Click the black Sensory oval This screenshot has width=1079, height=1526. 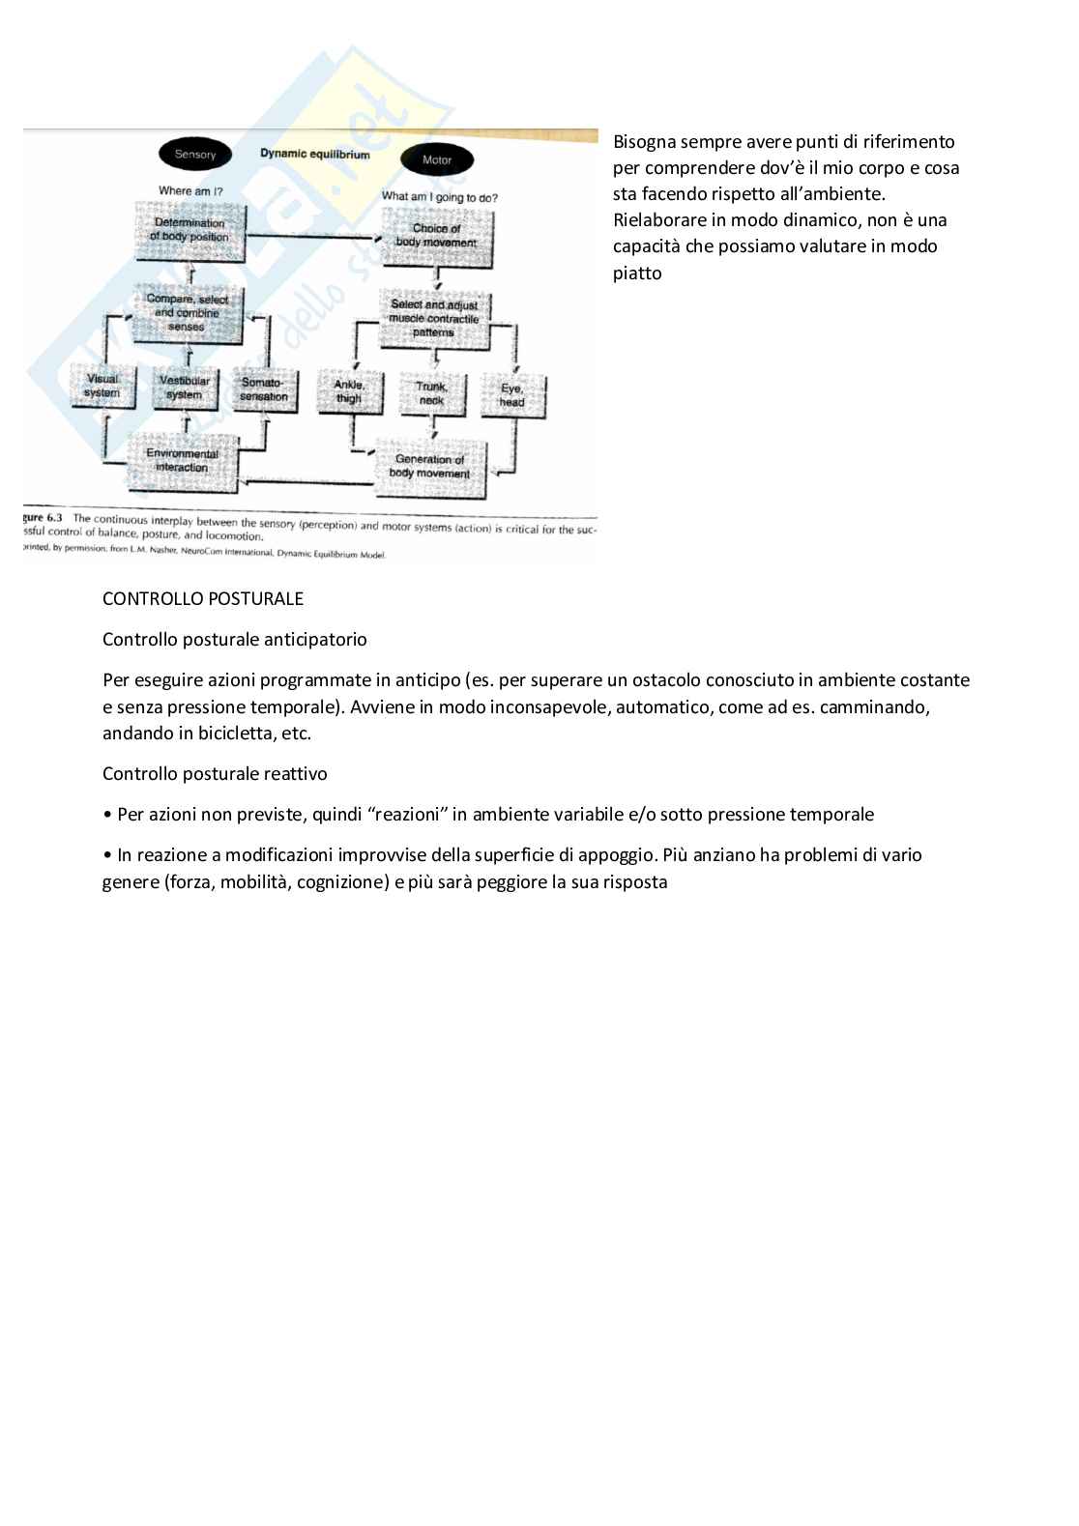pos(194,155)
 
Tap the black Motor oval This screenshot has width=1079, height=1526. pos(436,160)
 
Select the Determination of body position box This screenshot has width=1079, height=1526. pos(190,230)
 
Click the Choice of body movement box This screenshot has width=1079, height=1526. pos(437,237)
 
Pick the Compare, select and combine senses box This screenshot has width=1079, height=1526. pos(187,313)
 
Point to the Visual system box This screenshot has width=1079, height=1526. pos(102,387)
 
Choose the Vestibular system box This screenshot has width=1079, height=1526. pos(184,388)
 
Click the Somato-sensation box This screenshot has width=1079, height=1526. pos(264,389)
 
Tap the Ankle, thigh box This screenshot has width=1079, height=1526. pos(349,391)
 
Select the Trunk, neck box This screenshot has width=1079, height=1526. pos(431,392)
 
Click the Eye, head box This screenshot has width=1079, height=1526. pos(511,395)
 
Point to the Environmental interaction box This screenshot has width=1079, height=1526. pos(183,461)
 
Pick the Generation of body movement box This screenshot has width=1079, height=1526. pos(430,467)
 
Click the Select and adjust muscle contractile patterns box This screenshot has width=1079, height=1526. pos(434,318)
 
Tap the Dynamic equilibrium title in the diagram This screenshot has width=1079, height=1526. pos(314,154)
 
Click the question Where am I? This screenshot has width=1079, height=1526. pos(190,191)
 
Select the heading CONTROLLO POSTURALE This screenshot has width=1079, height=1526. pos(203,598)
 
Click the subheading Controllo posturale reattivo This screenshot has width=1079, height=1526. pos(215,773)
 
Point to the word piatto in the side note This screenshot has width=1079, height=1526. pos(637,273)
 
